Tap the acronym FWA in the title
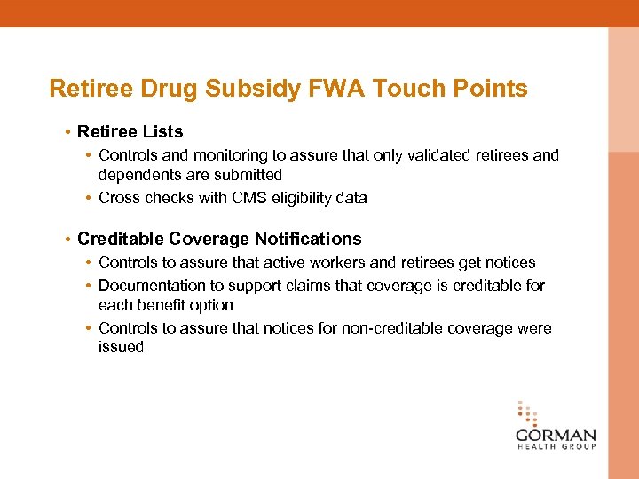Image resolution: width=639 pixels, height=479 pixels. click(x=336, y=89)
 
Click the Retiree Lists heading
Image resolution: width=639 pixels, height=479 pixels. click(x=130, y=131)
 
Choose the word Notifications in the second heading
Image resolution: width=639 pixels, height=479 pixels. click(x=308, y=239)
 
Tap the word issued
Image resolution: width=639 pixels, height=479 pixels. click(x=121, y=347)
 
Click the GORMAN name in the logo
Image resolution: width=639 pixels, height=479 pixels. click(x=556, y=436)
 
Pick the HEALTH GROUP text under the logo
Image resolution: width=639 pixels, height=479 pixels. click(x=556, y=448)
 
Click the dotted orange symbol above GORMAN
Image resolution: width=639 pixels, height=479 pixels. click(x=527, y=414)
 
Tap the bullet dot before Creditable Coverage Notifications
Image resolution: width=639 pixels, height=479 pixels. click(x=67, y=239)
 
